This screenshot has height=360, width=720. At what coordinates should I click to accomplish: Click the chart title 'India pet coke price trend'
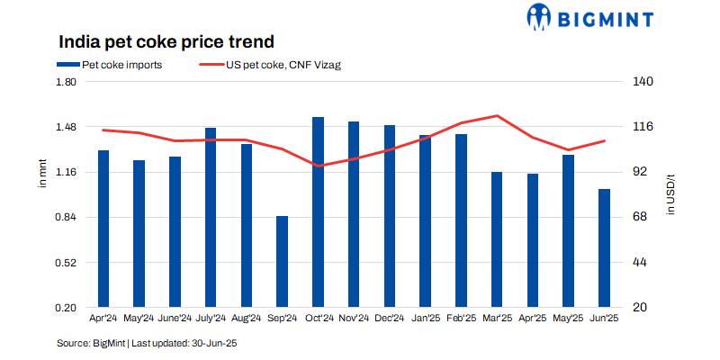click(x=166, y=41)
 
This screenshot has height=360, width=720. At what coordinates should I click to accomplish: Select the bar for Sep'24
click(x=282, y=261)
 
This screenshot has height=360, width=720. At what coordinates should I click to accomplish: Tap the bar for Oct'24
click(x=318, y=212)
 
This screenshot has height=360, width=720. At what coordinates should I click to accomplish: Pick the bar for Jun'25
click(x=604, y=248)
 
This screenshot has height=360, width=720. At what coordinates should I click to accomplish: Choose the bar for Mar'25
click(x=497, y=239)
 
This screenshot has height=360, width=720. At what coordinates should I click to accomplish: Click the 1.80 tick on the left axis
click(x=67, y=83)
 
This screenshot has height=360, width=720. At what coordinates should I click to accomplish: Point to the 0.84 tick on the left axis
click(x=67, y=218)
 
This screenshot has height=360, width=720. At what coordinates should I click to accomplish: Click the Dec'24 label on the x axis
click(x=389, y=318)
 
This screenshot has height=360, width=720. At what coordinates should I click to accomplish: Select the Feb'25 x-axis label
click(x=461, y=318)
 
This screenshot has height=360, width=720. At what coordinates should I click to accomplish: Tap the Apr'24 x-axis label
click(x=103, y=318)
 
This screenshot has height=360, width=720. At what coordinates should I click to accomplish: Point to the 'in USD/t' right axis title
click(x=670, y=193)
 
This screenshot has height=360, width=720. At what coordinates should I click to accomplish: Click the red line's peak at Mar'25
click(x=497, y=115)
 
